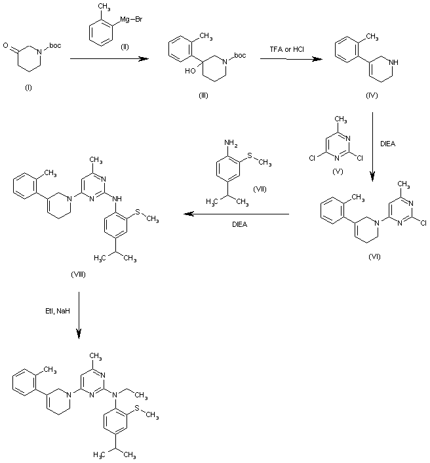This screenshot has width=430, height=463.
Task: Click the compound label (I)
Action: (28, 87)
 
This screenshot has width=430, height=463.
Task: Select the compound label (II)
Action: (125, 47)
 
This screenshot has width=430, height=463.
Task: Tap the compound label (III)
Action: (203, 95)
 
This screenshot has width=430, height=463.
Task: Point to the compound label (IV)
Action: (372, 95)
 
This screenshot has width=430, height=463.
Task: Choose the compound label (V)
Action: (338, 172)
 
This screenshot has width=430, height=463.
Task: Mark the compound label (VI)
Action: (374, 256)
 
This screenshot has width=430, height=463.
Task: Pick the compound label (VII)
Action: (260, 189)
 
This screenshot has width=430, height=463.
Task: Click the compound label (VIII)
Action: (78, 274)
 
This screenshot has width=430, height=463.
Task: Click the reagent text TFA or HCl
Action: (287, 49)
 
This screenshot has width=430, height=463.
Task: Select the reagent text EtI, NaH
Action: (58, 311)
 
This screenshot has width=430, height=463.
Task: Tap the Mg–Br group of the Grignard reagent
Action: (131, 20)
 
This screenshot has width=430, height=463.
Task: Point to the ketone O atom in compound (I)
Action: (6, 45)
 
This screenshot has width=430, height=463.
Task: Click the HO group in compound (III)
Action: (190, 71)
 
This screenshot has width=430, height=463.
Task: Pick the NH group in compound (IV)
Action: (394, 62)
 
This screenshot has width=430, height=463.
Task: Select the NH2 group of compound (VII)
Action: (231, 143)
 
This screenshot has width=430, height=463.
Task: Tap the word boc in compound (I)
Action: (56, 45)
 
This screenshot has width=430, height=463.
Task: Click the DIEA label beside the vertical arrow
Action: (388, 144)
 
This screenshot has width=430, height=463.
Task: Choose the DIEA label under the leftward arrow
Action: (240, 224)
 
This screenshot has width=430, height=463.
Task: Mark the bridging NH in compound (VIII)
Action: (117, 199)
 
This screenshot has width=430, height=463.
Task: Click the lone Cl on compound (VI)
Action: (423, 223)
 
